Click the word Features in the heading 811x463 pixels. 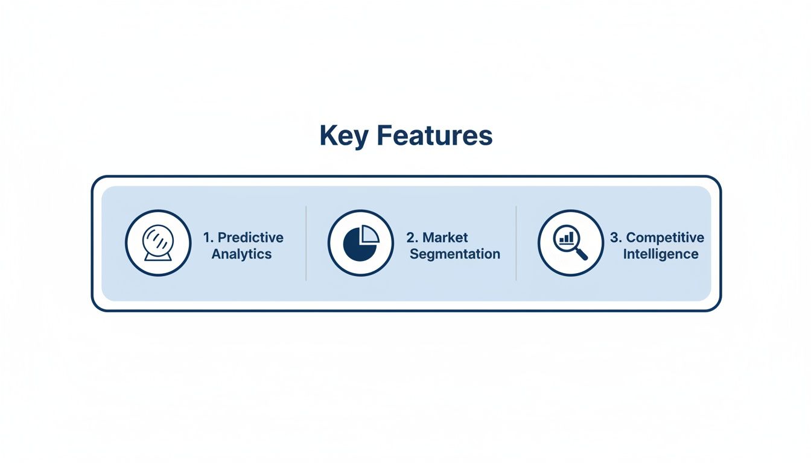click(x=434, y=136)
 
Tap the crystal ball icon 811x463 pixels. click(x=158, y=243)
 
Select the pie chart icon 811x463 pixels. click(x=360, y=243)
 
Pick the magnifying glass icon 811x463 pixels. click(x=570, y=243)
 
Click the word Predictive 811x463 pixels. click(x=250, y=238)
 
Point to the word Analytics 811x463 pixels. click(x=241, y=254)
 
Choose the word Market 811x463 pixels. click(x=445, y=238)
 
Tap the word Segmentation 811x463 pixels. click(x=455, y=254)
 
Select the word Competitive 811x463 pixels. click(x=665, y=238)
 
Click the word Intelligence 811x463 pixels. click(x=661, y=254)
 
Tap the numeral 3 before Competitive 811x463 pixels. click(x=614, y=238)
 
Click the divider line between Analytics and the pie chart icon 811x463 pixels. click(x=306, y=243)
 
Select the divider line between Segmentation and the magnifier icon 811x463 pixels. click(x=516, y=243)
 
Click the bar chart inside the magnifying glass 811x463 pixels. click(x=566, y=239)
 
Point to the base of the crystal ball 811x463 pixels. click(x=158, y=257)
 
